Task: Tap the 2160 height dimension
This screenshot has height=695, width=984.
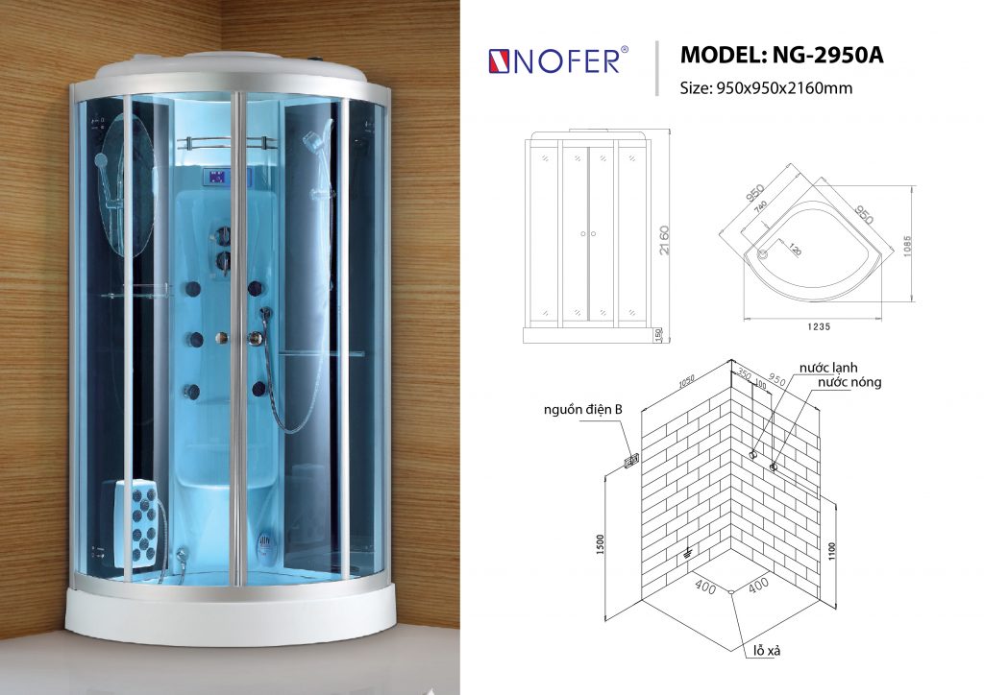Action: (663, 239)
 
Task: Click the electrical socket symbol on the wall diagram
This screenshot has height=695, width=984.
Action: (633, 462)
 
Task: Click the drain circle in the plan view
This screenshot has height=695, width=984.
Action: (765, 254)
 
